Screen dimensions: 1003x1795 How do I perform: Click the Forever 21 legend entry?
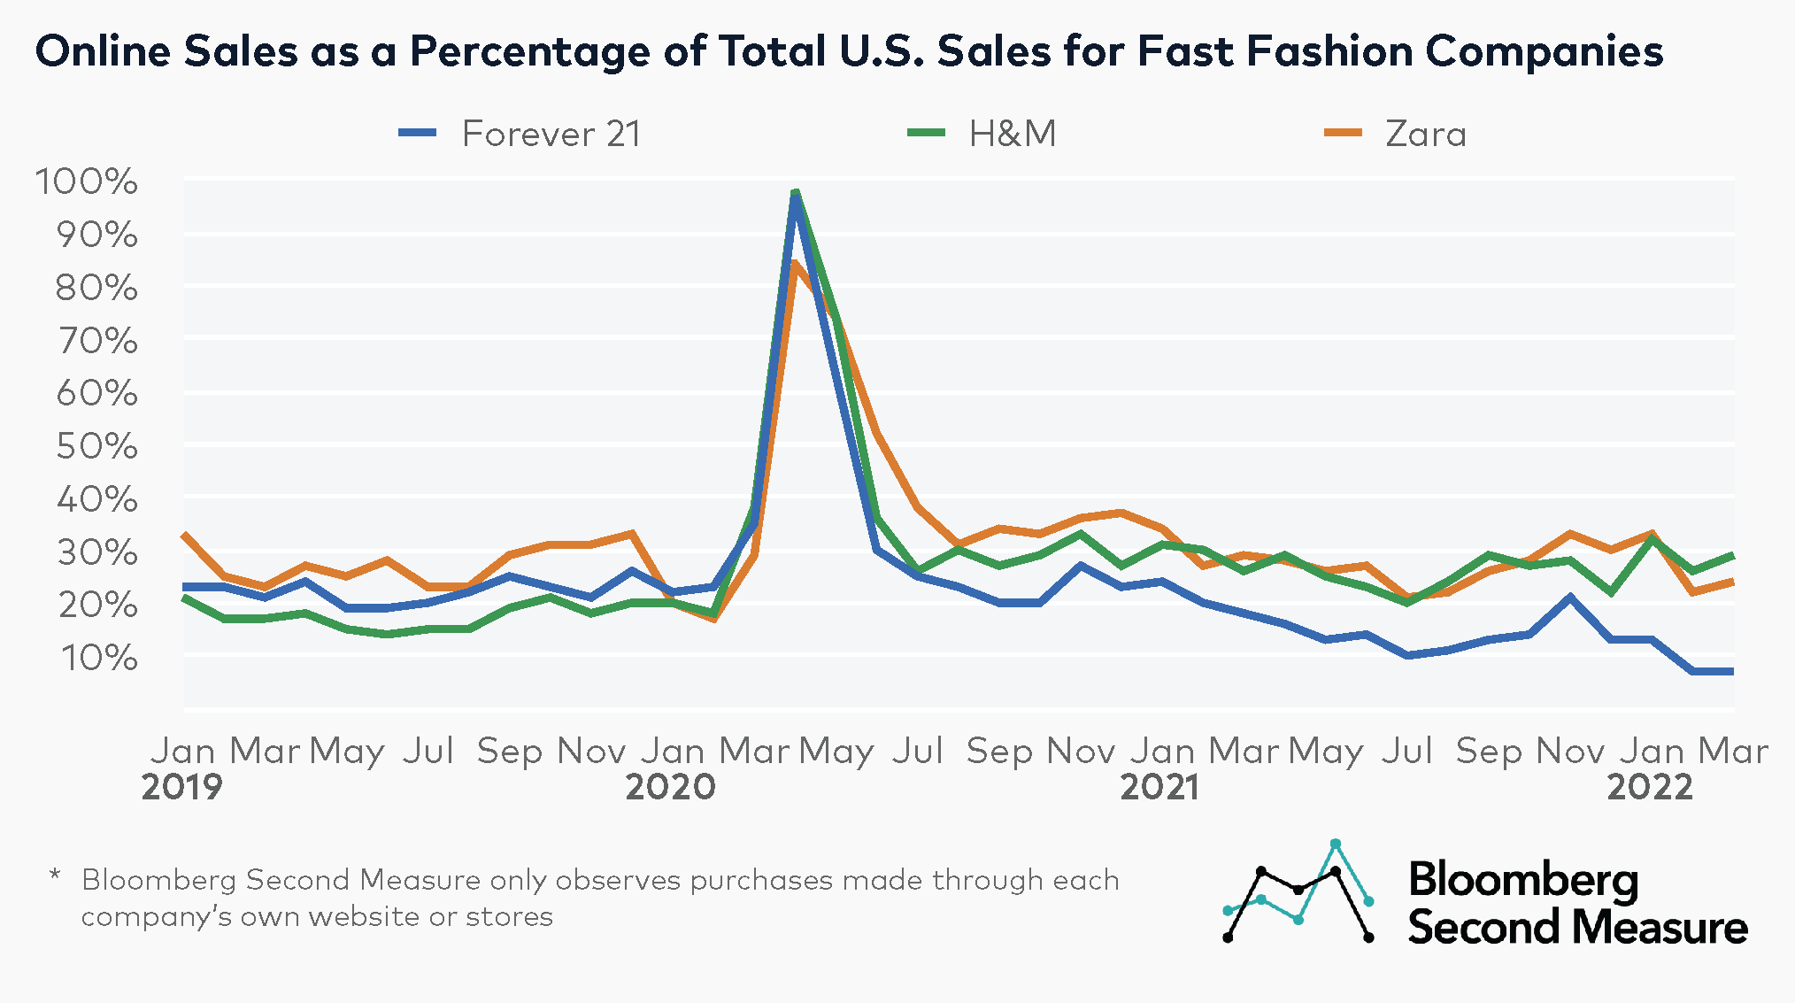[550, 135]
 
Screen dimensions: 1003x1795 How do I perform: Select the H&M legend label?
[1012, 135]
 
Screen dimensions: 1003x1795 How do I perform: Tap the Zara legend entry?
[1425, 135]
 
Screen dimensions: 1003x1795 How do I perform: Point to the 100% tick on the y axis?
[87, 181]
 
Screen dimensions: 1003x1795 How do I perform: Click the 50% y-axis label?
[96, 446]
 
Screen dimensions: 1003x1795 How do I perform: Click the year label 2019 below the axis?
[181, 786]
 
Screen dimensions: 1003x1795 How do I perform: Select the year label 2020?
[670, 786]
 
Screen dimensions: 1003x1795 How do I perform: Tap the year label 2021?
[1159, 786]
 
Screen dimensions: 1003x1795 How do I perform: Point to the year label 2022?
[1649, 786]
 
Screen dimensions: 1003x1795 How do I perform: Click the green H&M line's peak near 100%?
[795, 191]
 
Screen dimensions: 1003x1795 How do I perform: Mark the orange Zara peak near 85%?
[794, 263]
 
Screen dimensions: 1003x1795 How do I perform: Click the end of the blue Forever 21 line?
[1730, 672]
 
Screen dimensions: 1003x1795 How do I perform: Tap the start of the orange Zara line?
[184, 535]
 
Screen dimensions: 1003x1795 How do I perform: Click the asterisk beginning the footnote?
[55, 876]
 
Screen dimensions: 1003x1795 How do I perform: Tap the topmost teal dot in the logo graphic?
[1336, 844]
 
